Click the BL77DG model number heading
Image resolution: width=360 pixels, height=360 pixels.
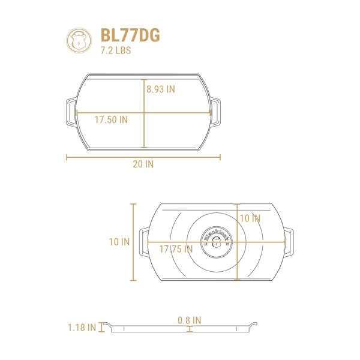click(130, 35)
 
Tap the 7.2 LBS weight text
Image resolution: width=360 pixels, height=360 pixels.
click(116, 50)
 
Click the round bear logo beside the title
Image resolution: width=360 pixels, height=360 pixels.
click(79, 40)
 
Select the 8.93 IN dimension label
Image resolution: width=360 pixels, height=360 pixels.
click(161, 89)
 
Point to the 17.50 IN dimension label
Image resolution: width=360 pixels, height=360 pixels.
click(111, 119)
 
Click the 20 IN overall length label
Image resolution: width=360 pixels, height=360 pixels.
click(143, 164)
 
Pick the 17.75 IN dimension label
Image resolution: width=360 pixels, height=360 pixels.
click(176, 249)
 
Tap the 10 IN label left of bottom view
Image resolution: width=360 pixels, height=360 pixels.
click(119, 242)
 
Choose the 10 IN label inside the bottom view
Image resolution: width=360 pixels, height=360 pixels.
click(250, 218)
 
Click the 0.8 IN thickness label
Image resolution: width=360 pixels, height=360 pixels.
click(190, 320)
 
